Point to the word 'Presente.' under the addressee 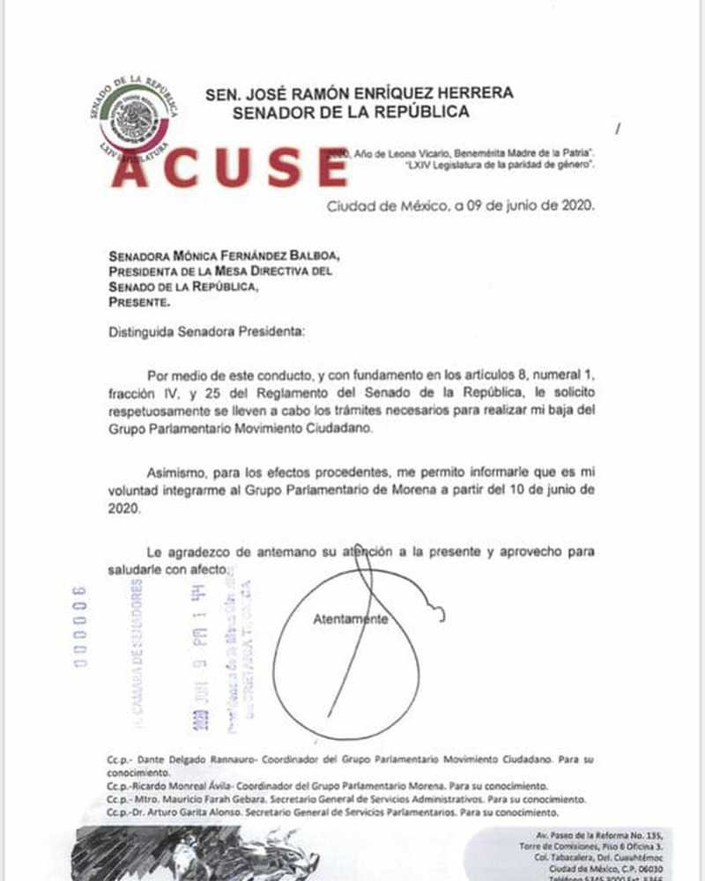click(140, 300)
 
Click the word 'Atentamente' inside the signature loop click(351, 619)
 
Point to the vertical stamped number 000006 click(80, 626)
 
